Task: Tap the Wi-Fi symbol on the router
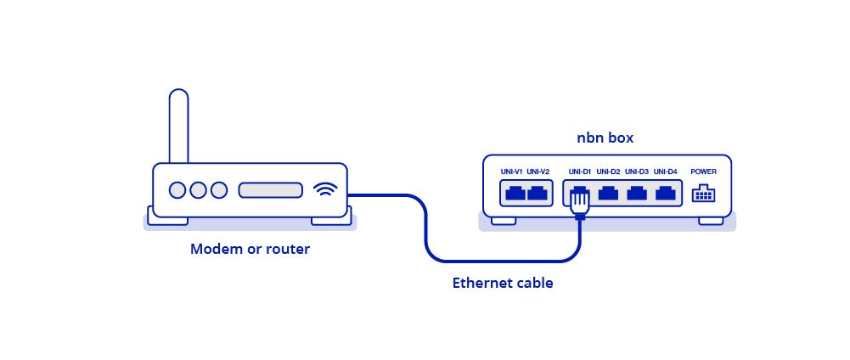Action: coord(325,189)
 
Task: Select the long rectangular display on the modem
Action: coord(270,190)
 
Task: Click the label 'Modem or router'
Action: coord(250,250)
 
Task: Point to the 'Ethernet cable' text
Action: coord(502,284)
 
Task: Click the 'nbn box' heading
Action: coord(605,138)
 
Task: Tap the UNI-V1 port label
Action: coord(511,172)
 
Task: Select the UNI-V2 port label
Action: coord(538,172)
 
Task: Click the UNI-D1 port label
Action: coord(580,172)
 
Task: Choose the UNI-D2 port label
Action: coord(608,172)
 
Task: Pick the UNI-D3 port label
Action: coord(637,172)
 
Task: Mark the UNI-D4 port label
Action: coord(666,172)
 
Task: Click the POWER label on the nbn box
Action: coord(704,172)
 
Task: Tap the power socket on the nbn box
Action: coord(703,194)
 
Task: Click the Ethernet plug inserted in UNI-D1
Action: coord(580,202)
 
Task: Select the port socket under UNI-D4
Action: coord(666,193)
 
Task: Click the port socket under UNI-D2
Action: coord(608,193)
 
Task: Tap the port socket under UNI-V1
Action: coord(515,193)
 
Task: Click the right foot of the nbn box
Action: coord(711,221)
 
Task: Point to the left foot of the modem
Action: coord(167,220)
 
